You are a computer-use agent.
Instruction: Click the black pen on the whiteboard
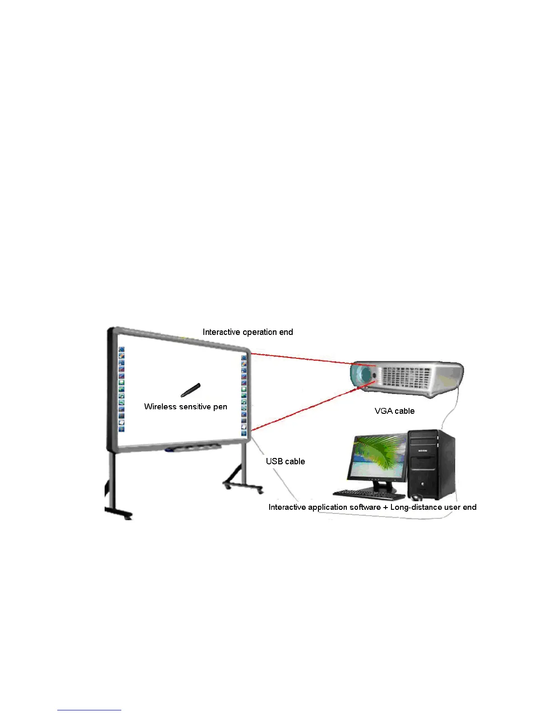tap(190, 390)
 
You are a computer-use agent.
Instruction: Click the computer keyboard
tap(368, 494)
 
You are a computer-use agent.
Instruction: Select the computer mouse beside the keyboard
tap(416, 498)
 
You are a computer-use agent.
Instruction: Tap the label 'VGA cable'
tap(394, 411)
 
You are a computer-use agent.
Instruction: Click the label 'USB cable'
tap(285, 461)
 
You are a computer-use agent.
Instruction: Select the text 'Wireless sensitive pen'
tap(185, 407)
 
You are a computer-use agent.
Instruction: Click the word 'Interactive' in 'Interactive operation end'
tap(221, 332)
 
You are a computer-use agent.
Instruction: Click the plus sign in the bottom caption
tap(385, 507)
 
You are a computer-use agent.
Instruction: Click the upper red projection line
tap(311, 359)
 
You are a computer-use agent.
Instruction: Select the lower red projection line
tap(307, 406)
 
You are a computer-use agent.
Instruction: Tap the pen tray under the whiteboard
tap(193, 448)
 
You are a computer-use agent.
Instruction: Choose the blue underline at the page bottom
tap(89, 710)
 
